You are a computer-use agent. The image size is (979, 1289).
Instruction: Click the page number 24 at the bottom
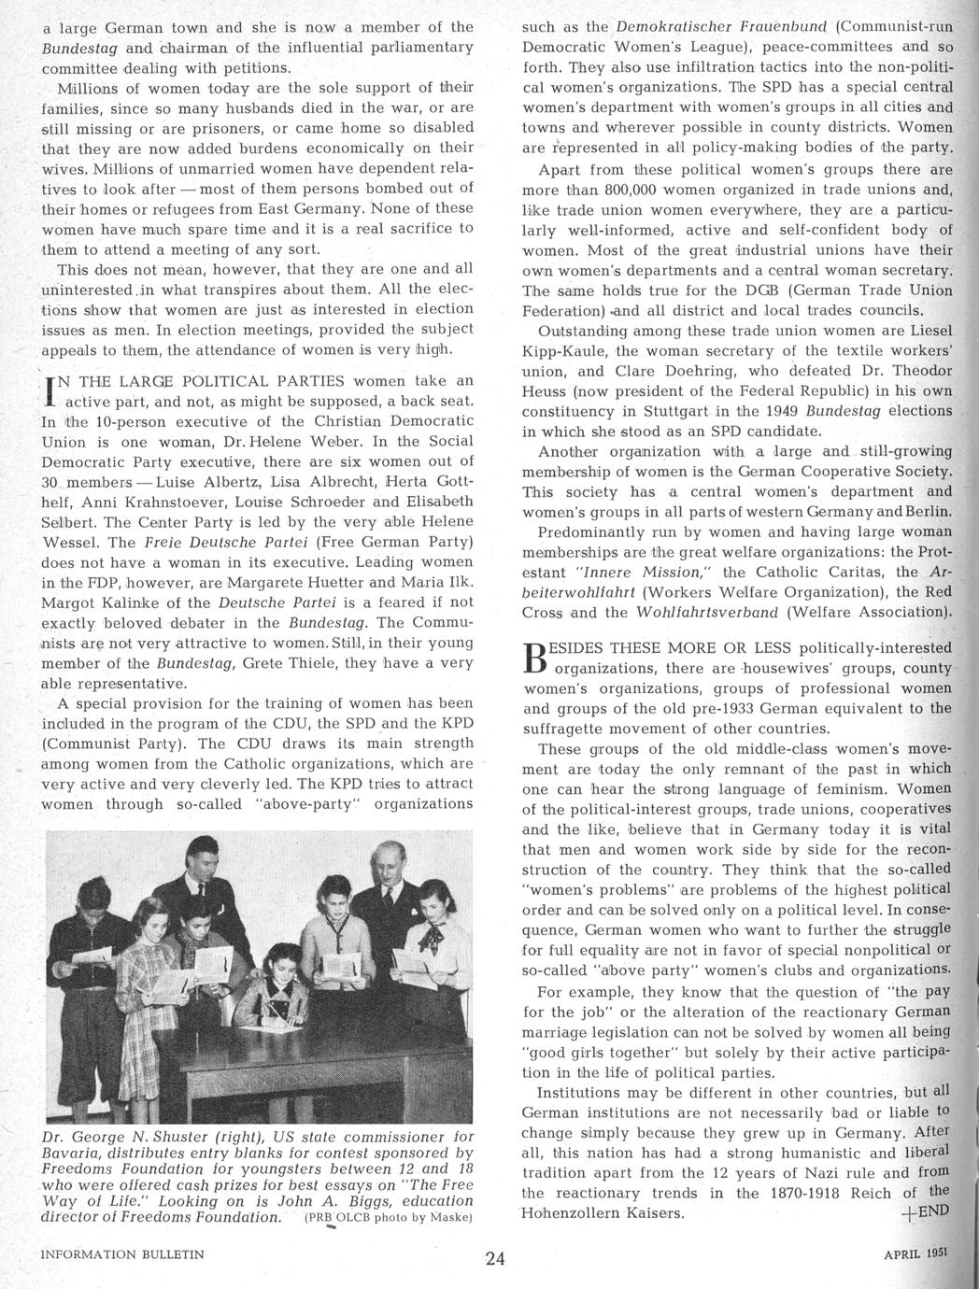495,1257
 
